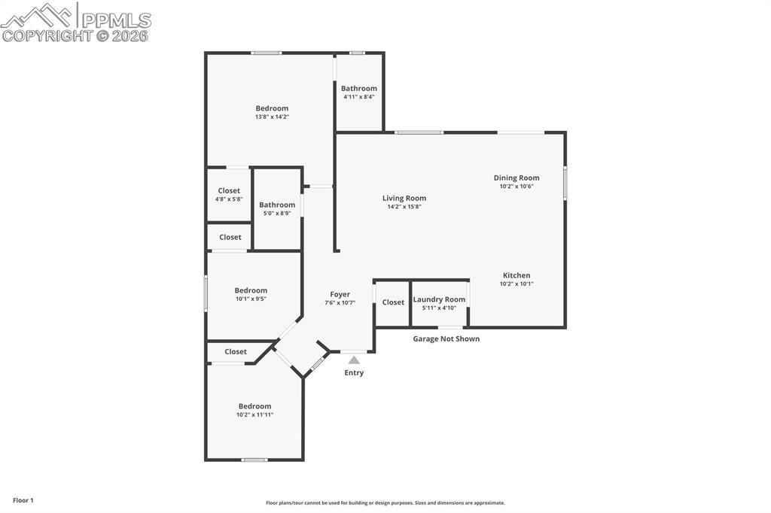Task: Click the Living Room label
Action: (404, 199)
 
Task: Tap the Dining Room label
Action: (517, 178)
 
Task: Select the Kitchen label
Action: (517, 275)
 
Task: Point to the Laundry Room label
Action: (439, 299)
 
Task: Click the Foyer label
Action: (340, 294)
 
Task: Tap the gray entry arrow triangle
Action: (354, 360)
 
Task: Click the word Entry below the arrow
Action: (354, 373)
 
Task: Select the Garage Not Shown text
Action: (446, 339)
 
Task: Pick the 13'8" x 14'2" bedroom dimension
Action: (272, 117)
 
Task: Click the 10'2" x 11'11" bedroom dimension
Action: (254, 414)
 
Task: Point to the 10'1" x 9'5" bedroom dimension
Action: (251, 299)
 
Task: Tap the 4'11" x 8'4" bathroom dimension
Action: (359, 96)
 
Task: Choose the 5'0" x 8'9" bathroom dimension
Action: (277, 213)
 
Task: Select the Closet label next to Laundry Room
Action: (393, 302)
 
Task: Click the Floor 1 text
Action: (23, 500)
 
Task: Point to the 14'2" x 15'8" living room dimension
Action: (404, 207)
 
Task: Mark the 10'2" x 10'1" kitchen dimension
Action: (517, 284)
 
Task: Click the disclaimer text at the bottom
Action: (385, 503)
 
